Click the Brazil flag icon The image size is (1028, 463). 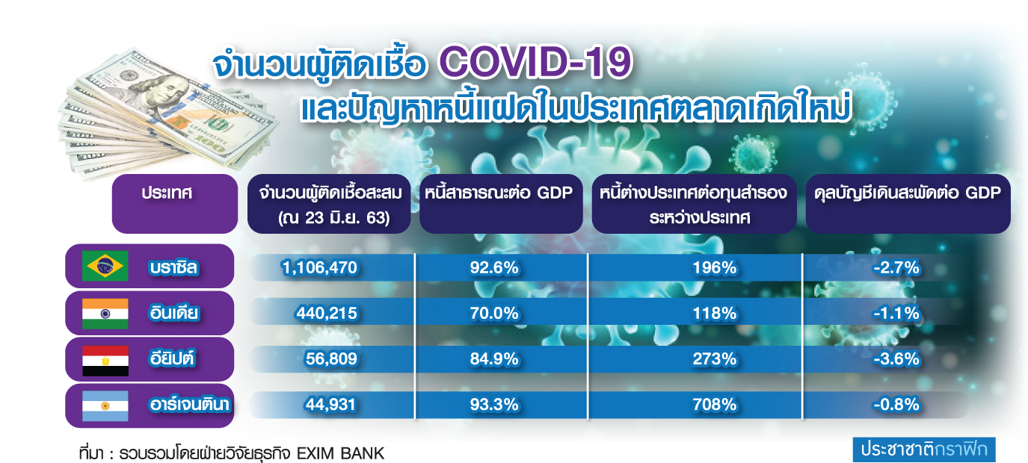(x=105, y=266)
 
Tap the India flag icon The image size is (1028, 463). (x=105, y=314)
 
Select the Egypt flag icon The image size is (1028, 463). (x=105, y=361)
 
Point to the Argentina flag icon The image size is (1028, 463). (x=105, y=405)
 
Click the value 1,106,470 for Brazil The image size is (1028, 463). (x=319, y=267)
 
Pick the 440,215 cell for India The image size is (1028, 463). (x=326, y=313)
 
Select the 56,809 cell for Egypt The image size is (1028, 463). (x=331, y=358)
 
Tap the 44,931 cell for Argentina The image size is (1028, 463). (x=330, y=404)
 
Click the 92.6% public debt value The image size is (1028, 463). (x=494, y=267)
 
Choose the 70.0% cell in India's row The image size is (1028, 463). (x=494, y=313)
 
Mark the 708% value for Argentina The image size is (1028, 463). (x=715, y=404)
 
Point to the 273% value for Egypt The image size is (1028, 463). (x=715, y=358)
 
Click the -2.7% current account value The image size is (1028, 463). (x=896, y=267)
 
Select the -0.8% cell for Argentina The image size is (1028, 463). (x=896, y=404)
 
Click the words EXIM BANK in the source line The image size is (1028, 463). (x=340, y=453)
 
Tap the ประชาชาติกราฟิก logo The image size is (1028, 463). (x=924, y=450)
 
